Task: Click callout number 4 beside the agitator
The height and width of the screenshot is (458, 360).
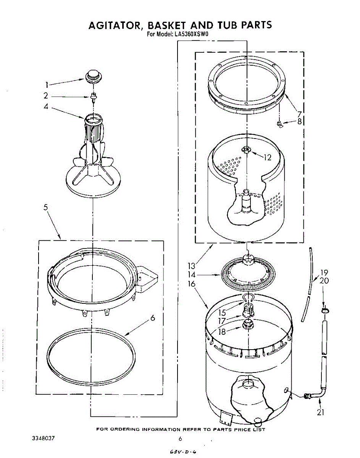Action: coord(46,107)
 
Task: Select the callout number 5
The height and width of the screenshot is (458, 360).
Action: coord(45,208)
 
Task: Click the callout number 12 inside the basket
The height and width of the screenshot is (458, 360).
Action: coord(268,157)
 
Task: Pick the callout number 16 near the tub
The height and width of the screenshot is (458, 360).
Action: coord(192,284)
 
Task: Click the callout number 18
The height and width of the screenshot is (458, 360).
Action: coord(222,331)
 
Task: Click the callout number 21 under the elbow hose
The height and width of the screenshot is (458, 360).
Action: coord(321,412)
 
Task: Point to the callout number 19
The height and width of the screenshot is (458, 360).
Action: coord(324,273)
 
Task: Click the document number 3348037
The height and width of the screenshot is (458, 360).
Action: coord(44,438)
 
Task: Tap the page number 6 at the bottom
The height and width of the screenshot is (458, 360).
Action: coord(180,439)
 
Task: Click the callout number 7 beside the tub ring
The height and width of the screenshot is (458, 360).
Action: coord(299,114)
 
